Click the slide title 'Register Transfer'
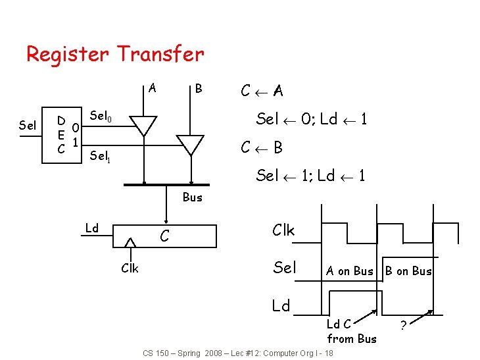[x=115, y=54]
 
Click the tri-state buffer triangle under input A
[x=143, y=124]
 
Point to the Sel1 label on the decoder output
[x=99, y=156]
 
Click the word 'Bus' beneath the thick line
[x=192, y=197]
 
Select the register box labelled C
[x=165, y=235]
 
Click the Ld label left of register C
[x=92, y=228]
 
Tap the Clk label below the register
[x=130, y=268]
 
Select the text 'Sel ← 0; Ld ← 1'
[x=312, y=119]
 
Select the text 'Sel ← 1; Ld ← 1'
[x=311, y=176]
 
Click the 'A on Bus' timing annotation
[x=349, y=271]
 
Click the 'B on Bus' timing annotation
[x=408, y=271]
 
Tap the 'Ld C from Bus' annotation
[x=352, y=331]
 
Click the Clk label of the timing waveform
[x=283, y=230]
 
